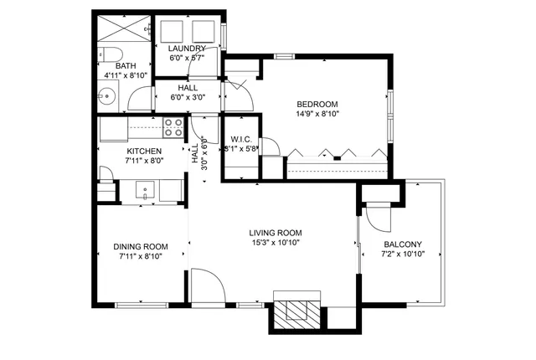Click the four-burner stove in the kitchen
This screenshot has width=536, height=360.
[x=173, y=127]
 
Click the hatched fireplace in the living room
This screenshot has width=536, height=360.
[x=296, y=311]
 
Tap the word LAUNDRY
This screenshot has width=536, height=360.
[x=187, y=49]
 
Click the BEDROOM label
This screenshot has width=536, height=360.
[x=317, y=105]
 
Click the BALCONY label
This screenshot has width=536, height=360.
[x=403, y=244]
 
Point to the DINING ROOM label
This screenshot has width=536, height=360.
[x=141, y=247]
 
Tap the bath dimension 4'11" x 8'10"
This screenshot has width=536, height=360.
[x=126, y=76]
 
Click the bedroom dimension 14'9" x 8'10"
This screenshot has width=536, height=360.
[x=317, y=116]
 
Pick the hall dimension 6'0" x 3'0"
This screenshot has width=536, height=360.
[x=187, y=97]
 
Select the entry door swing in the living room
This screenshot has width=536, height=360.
[x=207, y=285]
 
